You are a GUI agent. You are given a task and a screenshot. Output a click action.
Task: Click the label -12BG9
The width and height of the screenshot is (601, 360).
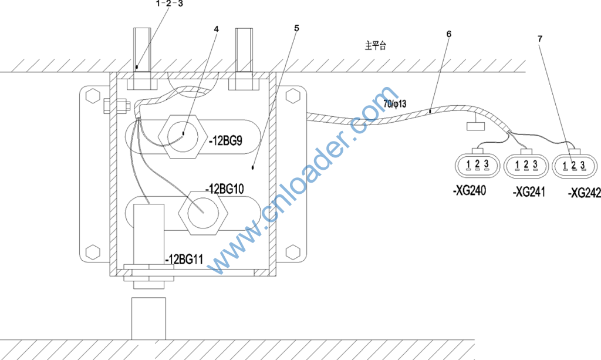tap(226, 141)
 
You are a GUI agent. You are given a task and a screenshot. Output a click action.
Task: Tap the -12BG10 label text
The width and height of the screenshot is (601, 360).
tap(225, 189)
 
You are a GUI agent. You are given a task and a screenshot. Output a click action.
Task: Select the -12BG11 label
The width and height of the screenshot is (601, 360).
tap(184, 260)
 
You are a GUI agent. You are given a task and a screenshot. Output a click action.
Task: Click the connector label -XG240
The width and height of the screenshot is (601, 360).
tap(470, 190)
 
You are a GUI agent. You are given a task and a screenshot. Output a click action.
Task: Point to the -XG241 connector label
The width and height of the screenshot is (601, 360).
tap(529, 191)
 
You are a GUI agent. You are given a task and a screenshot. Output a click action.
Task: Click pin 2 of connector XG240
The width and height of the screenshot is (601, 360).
tap(477, 164)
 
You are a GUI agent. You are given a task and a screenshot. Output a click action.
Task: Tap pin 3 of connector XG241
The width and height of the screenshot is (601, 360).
tap(535, 164)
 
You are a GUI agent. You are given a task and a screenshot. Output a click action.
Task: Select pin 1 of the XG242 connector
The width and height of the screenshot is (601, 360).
tap(565, 166)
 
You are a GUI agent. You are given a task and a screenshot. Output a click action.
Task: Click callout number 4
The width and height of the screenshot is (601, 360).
tap(216, 29)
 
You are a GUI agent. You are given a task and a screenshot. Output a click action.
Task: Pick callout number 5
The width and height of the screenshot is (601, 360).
tap(296, 28)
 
